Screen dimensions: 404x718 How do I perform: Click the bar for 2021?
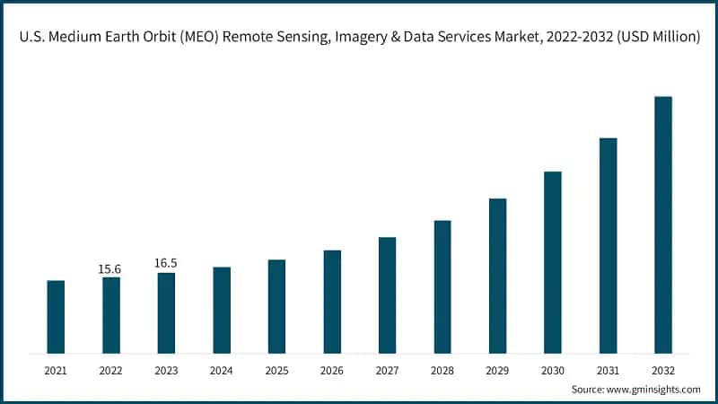click(56, 316)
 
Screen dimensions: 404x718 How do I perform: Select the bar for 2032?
click(662, 224)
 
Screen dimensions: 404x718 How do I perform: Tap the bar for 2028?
click(442, 286)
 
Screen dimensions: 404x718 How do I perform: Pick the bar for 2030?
click(552, 262)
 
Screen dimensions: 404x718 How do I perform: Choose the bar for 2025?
click(276, 306)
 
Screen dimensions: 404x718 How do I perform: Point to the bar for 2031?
click(608, 245)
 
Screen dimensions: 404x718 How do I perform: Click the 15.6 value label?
click(110, 268)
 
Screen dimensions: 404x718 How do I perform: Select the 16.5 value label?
click(166, 263)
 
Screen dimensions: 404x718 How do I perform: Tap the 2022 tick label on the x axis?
click(110, 370)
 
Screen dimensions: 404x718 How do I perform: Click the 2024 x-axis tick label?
click(221, 370)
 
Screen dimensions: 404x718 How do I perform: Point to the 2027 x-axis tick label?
click(387, 370)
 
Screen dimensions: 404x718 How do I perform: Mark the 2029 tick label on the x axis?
click(497, 370)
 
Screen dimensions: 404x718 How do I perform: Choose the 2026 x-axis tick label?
click(331, 370)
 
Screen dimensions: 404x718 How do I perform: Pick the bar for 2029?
click(497, 276)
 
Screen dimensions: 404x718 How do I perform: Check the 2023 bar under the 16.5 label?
click(166, 312)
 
